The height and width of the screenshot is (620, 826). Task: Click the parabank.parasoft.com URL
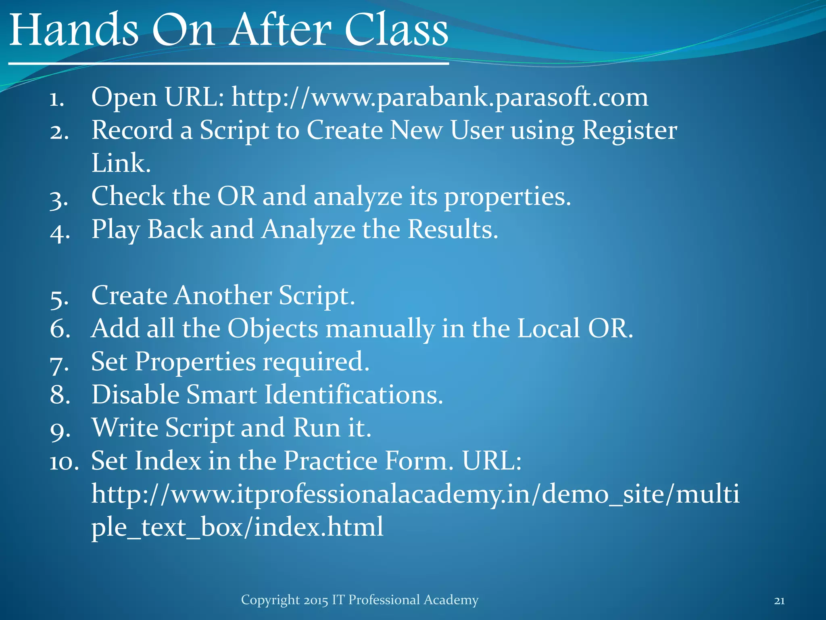pyautogui.click(x=440, y=98)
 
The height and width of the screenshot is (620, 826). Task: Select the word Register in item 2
pyautogui.click(x=629, y=131)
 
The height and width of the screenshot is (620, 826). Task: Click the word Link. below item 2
pyautogui.click(x=121, y=163)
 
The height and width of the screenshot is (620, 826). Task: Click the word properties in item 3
pyautogui.click(x=507, y=197)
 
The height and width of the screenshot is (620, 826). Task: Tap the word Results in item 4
pyautogui.click(x=453, y=230)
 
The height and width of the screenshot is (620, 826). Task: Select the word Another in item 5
pyautogui.click(x=223, y=295)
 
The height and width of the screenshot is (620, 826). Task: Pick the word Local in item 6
pyautogui.click(x=549, y=329)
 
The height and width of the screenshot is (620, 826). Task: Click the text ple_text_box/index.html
pyautogui.click(x=237, y=527)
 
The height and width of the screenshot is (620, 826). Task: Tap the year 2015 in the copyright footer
pyautogui.click(x=316, y=600)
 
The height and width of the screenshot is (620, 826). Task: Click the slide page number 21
pyautogui.click(x=779, y=601)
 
